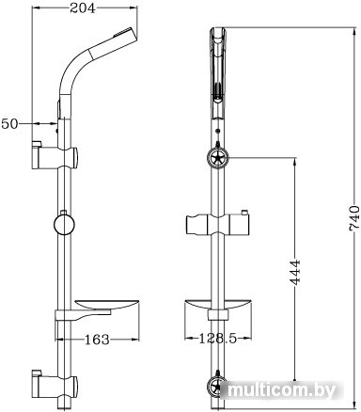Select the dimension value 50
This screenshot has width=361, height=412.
click(12, 122)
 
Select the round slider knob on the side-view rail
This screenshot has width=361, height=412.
click(65, 226)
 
